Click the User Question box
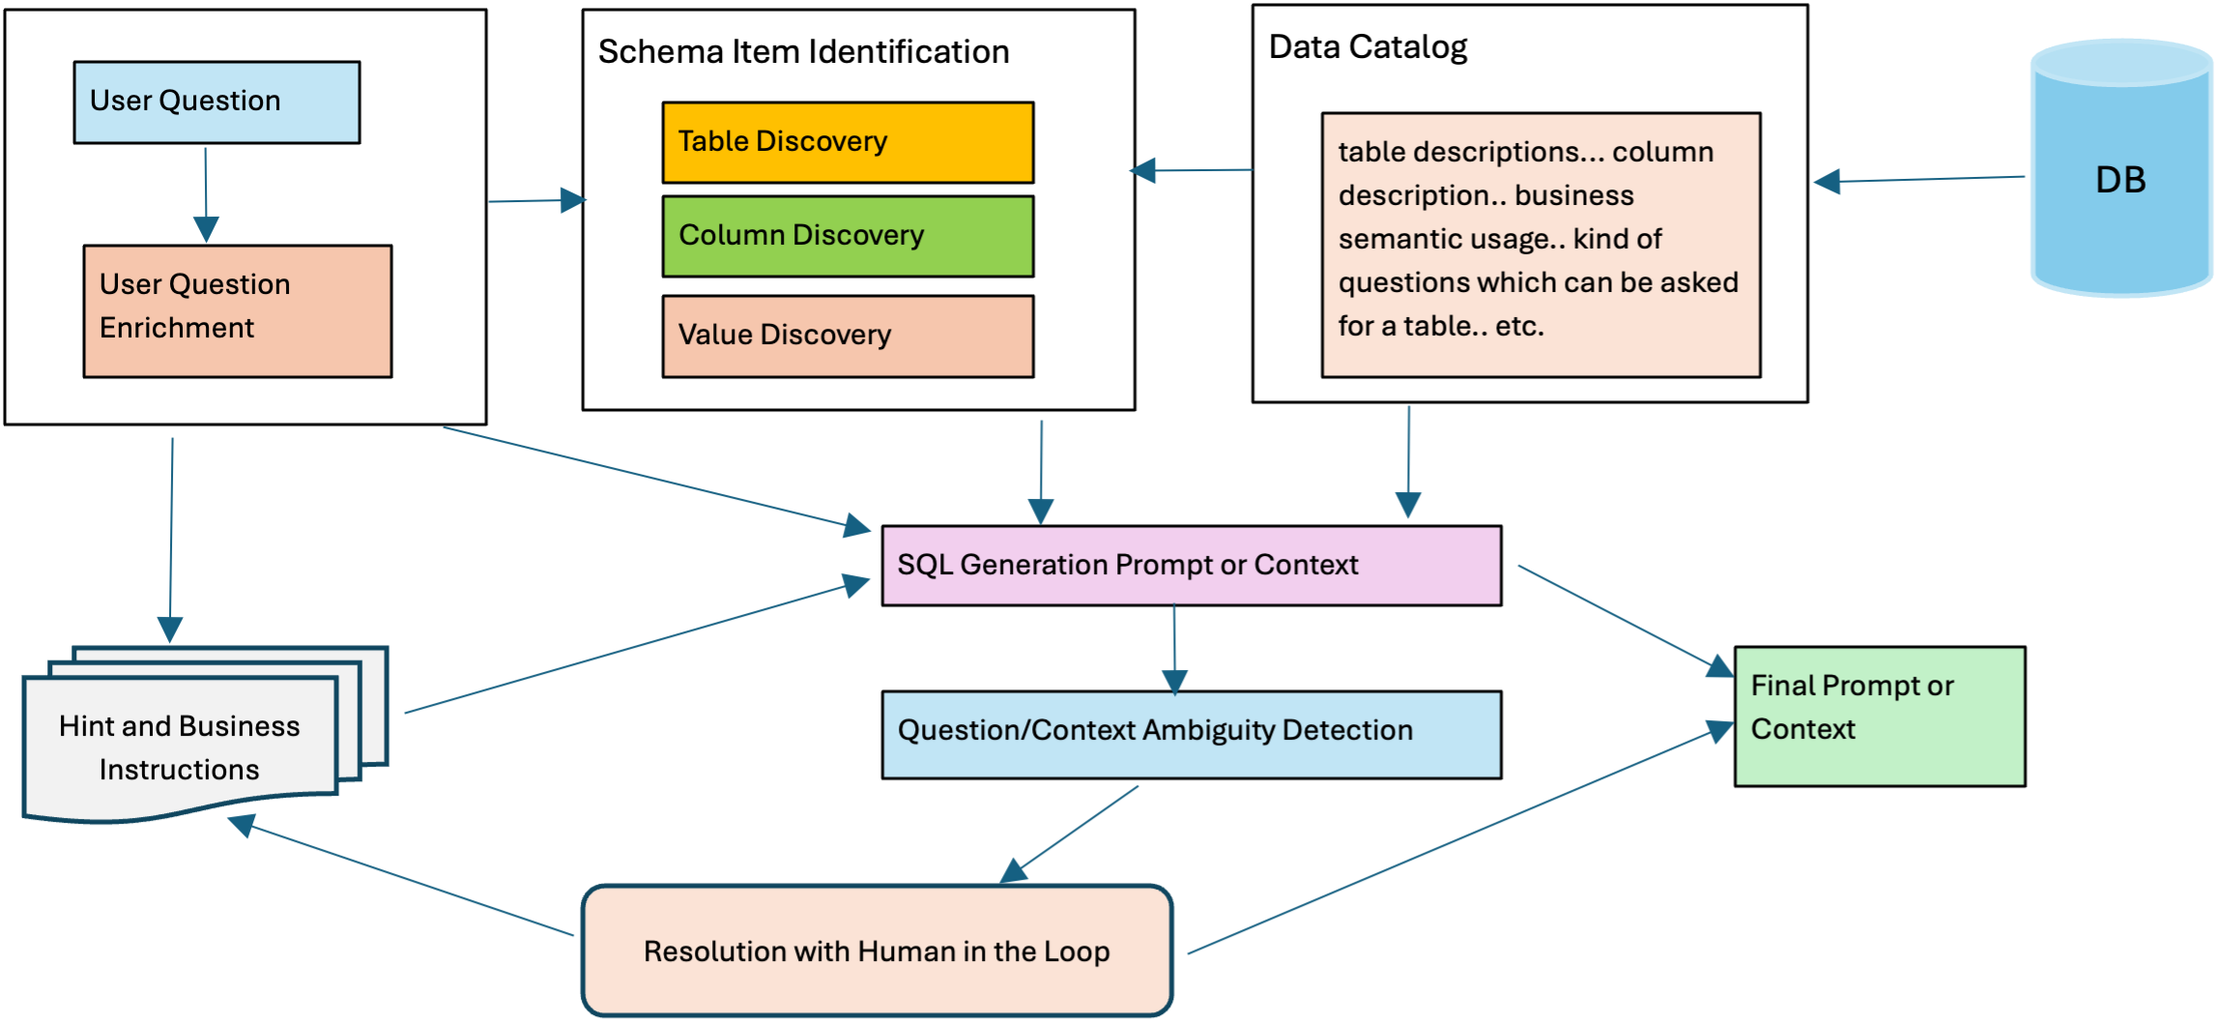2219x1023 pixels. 216,102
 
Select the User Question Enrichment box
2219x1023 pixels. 237,310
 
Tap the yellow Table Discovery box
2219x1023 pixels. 848,142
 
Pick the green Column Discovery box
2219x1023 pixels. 848,236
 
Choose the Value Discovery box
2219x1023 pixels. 848,336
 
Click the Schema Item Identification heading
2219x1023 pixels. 803,52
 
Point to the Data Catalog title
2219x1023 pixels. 1367,47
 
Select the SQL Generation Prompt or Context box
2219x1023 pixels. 1191,566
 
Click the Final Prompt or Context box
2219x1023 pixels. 1879,716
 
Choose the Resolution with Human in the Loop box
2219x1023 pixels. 877,951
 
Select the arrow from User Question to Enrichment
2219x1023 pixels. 206,193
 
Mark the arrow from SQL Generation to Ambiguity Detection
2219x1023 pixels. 1174,648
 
